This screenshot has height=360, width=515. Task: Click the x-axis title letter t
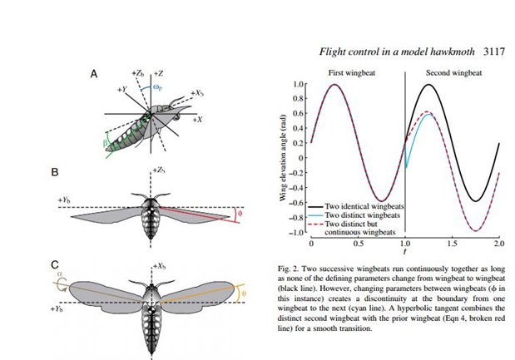click(x=405, y=250)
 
